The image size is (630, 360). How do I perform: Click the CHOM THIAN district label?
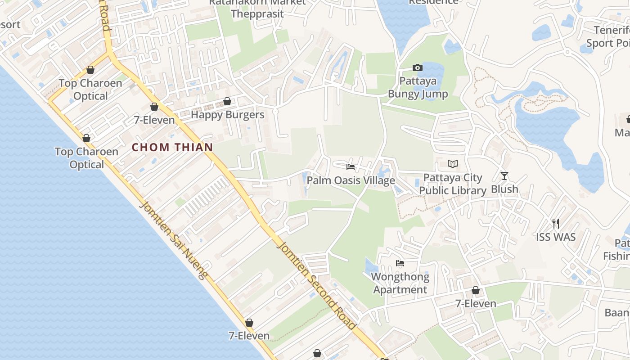tap(172, 147)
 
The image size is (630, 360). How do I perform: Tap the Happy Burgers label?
tap(227, 115)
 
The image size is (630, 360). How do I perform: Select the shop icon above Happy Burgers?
tap(227, 101)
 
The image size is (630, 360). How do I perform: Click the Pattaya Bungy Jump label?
tap(418, 88)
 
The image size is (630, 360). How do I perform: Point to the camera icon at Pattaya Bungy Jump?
tap(418, 68)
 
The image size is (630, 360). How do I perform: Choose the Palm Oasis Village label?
tap(351, 180)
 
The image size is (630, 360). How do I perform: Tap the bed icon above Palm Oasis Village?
tap(351, 167)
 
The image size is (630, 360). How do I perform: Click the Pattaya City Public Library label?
tap(453, 184)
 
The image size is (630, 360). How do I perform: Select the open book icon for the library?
tap(453, 164)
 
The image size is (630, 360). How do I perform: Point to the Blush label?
tap(504, 189)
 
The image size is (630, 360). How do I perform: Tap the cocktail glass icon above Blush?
tap(504, 175)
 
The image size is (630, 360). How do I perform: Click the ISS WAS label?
tap(556, 237)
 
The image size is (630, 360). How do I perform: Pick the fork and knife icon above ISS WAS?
tap(556, 223)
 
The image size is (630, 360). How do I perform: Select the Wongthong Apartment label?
tap(400, 283)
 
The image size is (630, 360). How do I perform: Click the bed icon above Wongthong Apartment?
tap(400, 263)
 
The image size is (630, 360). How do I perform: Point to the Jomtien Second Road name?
tap(317, 284)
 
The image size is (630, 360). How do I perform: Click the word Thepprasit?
tap(257, 13)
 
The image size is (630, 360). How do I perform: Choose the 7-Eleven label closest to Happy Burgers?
tap(154, 120)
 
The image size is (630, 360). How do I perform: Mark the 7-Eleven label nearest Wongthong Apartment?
tap(476, 304)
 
